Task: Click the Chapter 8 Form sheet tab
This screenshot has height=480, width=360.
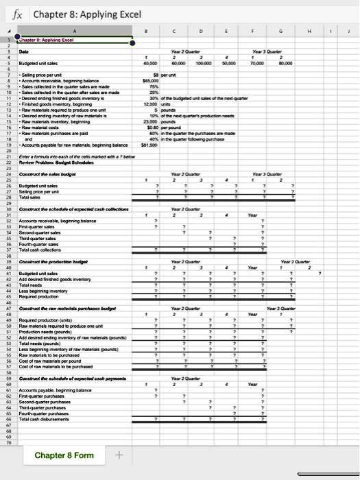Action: tap(65, 455)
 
